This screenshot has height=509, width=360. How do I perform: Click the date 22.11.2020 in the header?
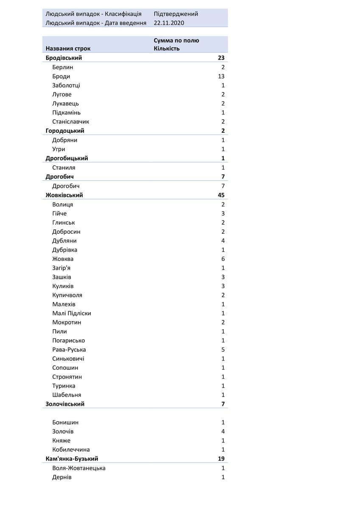click(x=169, y=23)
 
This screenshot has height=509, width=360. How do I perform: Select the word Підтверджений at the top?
click(x=176, y=14)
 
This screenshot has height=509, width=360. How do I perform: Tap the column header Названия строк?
click(x=68, y=48)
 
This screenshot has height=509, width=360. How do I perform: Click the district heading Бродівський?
click(x=64, y=58)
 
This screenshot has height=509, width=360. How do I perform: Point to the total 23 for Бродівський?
click(x=220, y=58)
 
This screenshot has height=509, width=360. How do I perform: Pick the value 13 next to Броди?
click(x=220, y=76)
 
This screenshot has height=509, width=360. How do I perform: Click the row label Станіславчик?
click(x=70, y=122)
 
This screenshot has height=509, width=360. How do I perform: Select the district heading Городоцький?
click(x=65, y=131)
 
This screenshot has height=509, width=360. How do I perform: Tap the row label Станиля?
click(x=64, y=168)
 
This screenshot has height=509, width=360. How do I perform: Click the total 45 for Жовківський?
click(x=220, y=195)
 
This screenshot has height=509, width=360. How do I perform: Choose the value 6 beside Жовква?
click(x=223, y=259)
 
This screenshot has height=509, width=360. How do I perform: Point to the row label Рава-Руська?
click(x=69, y=350)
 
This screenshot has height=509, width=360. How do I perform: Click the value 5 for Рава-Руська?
click(x=223, y=350)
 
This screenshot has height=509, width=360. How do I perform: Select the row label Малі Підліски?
click(x=71, y=313)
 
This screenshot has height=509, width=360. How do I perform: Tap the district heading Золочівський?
click(x=65, y=404)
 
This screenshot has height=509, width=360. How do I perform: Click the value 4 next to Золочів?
click(x=223, y=431)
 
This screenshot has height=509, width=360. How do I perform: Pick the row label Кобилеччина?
click(x=71, y=450)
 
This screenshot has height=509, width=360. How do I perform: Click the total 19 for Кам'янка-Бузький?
click(x=220, y=459)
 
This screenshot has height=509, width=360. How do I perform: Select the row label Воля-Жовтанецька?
click(x=79, y=468)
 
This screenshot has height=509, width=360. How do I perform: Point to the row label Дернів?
click(x=62, y=477)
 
